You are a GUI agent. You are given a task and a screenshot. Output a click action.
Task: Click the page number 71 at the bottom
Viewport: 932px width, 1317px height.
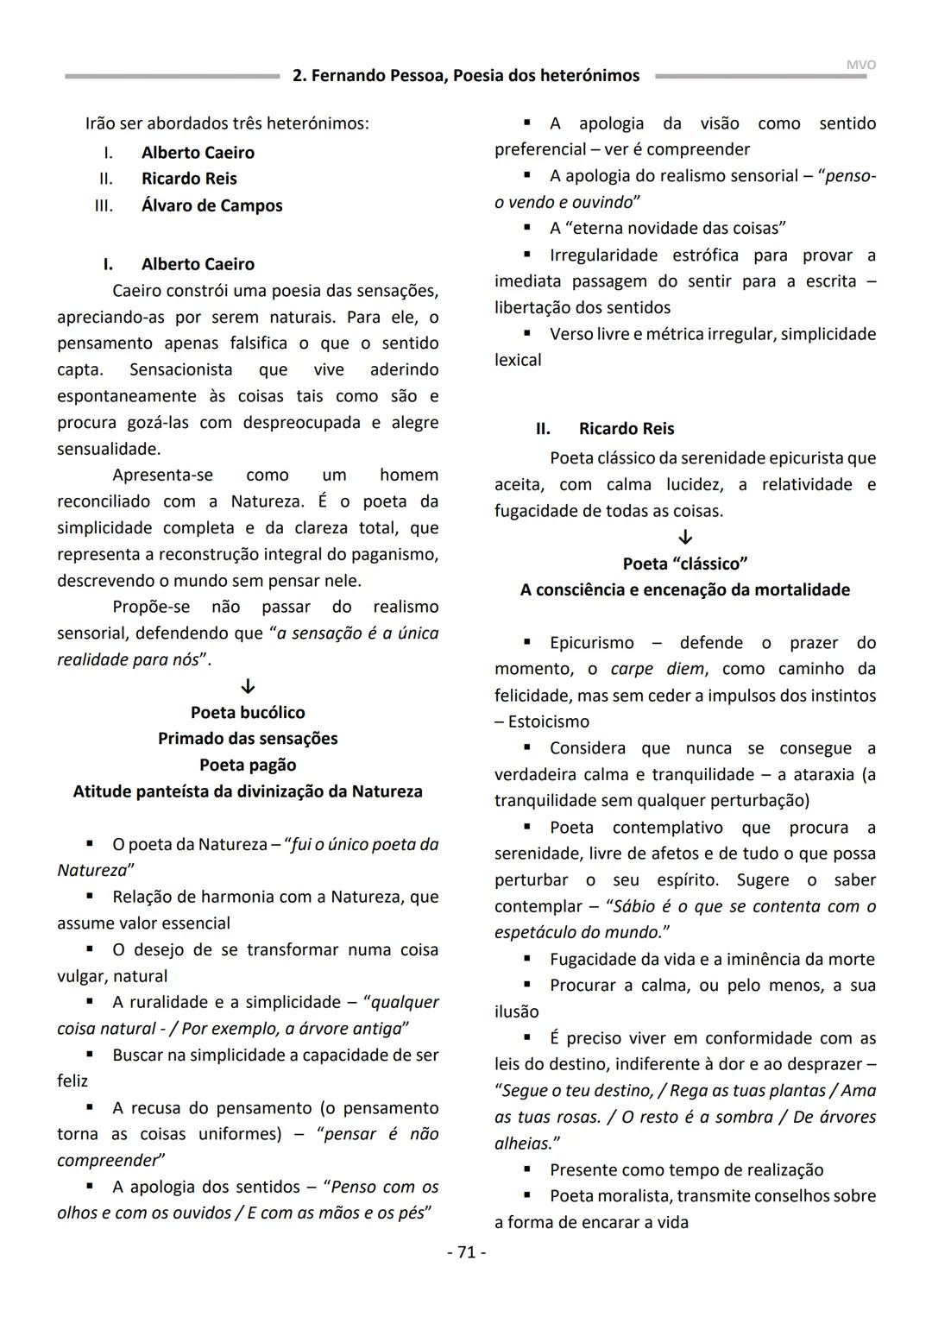click(x=466, y=1251)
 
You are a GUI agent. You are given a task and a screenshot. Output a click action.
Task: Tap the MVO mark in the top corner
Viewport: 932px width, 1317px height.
click(x=860, y=65)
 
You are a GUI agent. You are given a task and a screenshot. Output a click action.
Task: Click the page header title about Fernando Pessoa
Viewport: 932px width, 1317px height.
click(x=466, y=76)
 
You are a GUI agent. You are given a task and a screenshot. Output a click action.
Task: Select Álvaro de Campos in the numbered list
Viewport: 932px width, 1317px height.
click(x=211, y=205)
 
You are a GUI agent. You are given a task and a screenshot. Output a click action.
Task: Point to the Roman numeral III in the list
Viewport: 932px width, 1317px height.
click(x=104, y=205)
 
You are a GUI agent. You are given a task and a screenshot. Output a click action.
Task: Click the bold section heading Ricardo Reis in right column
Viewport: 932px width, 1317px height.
click(x=626, y=429)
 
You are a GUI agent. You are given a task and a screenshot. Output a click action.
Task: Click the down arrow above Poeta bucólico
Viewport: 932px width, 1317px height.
click(x=248, y=687)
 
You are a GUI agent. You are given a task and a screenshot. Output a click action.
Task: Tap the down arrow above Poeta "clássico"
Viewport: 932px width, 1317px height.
click(x=685, y=538)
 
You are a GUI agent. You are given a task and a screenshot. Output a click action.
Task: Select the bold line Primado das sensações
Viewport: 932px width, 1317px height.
click(x=248, y=739)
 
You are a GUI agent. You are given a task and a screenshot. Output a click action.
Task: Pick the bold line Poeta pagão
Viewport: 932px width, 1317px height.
click(x=248, y=766)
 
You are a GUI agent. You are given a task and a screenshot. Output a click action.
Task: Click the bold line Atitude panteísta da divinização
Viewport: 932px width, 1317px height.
click(x=248, y=791)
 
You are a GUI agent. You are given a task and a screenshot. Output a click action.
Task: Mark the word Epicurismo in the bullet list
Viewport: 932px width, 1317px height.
click(x=591, y=643)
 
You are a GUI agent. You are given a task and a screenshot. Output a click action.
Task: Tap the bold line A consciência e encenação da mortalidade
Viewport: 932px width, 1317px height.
click(x=685, y=590)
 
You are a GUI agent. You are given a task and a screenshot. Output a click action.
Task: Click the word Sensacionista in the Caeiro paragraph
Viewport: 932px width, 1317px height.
click(x=180, y=369)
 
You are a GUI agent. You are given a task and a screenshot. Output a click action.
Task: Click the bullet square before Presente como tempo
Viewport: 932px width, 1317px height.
click(x=527, y=1169)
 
